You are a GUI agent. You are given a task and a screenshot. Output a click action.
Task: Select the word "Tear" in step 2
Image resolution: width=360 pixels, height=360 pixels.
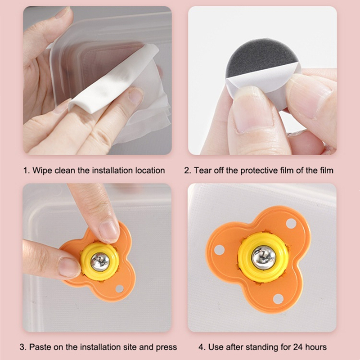tap(202, 171)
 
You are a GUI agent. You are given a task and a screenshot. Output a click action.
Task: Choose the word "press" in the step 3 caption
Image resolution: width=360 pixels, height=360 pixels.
tap(166, 347)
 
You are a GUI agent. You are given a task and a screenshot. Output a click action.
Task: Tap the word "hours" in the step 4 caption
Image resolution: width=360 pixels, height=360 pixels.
tap(314, 346)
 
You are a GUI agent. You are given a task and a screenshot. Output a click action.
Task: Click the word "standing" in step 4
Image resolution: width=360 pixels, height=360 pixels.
tap(256, 347)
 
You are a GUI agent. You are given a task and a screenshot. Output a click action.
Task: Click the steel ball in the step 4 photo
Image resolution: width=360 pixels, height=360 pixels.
tap(263, 257)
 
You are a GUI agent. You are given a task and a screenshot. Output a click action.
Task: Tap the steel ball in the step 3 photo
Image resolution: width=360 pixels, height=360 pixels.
tap(100, 262)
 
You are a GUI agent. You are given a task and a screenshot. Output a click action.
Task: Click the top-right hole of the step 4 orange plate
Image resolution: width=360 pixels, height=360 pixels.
tap(291, 223)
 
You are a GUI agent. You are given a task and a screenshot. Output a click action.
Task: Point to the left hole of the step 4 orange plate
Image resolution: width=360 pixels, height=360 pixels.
tap(219, 250)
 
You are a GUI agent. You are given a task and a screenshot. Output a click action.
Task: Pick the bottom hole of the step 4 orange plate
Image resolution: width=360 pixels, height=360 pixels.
tap(278, 299)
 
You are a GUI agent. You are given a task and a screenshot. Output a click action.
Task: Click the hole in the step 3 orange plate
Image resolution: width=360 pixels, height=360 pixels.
tap(119, 288)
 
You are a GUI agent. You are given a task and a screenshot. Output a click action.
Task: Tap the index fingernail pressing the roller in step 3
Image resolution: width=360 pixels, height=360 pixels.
tap(108, 231)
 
